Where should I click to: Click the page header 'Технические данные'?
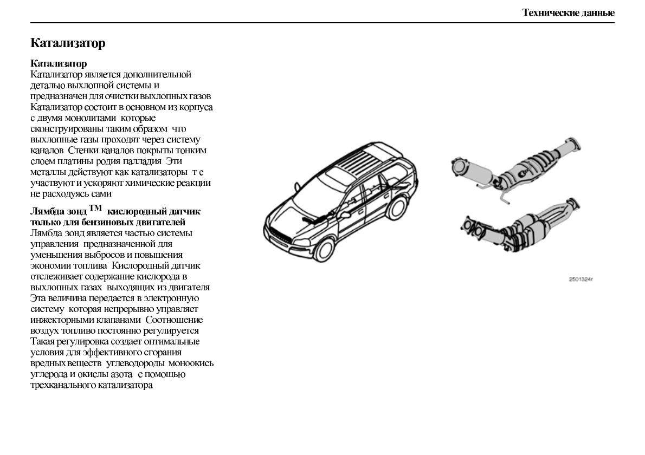coord(568,12)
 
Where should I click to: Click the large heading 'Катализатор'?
coord(68,43)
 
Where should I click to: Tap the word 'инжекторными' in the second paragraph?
coord(64,320)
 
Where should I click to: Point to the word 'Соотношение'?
coord(173,320)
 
